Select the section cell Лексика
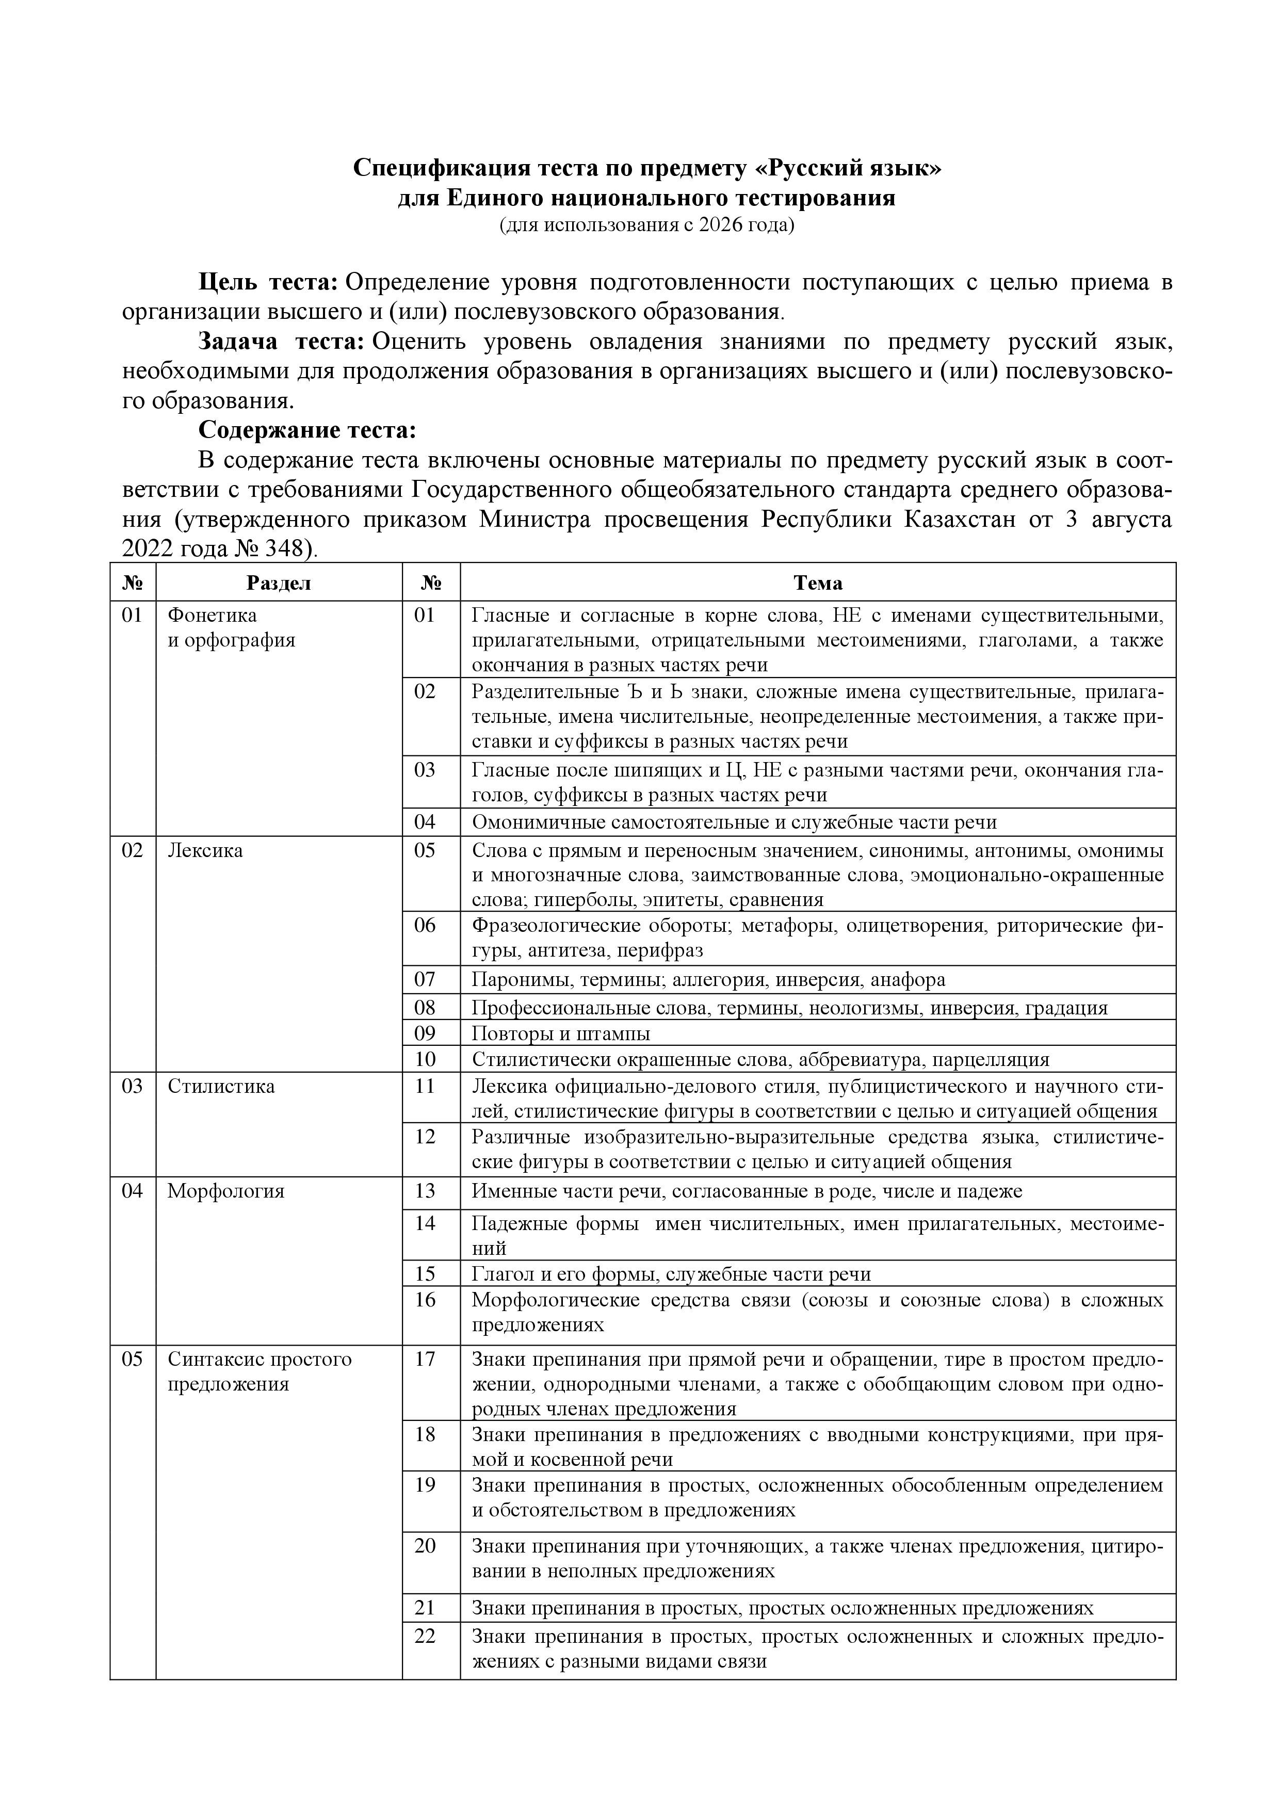click(x=205, y=851)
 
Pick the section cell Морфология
click(x=225, y=1191)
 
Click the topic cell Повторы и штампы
click(x=560, y=1033)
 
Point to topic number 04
click(x=425, y=822)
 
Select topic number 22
click(x=425, y=1637)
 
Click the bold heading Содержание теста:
click(x=306, y=430)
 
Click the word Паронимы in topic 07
click(x=514, y=980)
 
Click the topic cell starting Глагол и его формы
click(x=671, y=1274)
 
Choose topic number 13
click(x=425, y=1191)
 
